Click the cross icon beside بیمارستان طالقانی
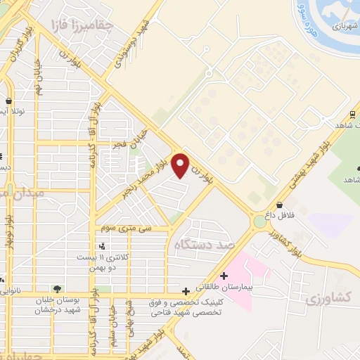point(224,276)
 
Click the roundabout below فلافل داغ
point(261,221)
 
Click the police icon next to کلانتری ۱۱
point(104,246)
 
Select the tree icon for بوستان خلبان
point(57,289)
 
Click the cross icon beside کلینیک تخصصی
point(186,290)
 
